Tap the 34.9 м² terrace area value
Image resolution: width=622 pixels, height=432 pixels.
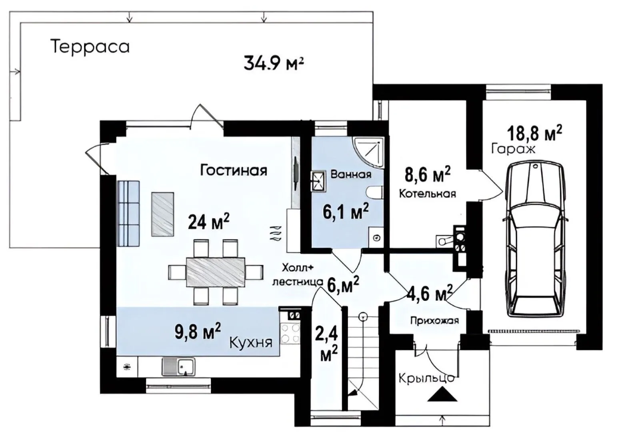point(274,63)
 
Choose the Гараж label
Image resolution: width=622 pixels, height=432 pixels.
point(513,149)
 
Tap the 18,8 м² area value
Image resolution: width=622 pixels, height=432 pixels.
point(535,133)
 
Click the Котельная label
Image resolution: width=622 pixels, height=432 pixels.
point(427,194)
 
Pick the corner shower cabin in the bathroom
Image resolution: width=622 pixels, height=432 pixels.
point(368,152)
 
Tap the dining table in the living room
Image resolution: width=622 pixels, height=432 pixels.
point(216,272)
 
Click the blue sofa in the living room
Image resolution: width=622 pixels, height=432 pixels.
point(128,213)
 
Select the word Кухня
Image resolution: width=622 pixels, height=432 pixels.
point(251,343)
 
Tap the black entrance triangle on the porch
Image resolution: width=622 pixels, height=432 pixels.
point(442,394)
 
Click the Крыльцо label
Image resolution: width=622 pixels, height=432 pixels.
point(427,378)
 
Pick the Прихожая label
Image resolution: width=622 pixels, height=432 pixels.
point(434,321)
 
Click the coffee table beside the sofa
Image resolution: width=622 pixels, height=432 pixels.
point(162,214)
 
